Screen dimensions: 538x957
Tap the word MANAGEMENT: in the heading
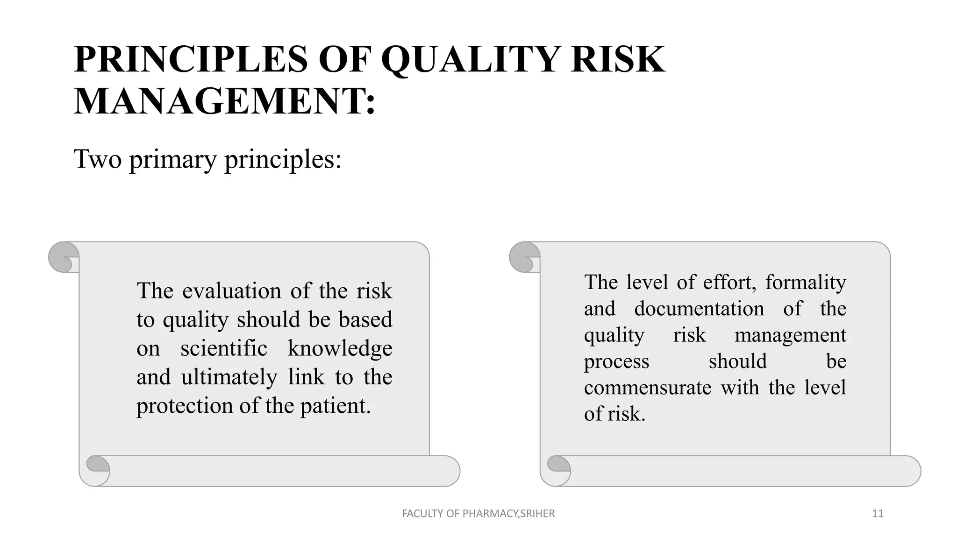(x=224, y=102)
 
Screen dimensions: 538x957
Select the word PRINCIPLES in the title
(x=191, y=60)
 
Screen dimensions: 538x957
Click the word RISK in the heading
(x=618, y=60)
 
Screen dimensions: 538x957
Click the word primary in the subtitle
(x=173, y=160)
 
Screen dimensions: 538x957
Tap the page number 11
(x=878, y=514)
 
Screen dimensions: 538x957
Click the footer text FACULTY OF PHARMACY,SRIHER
(x=478, y=514)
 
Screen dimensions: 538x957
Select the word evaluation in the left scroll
(x=231, y=291)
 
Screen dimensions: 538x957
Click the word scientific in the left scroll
(x=224, y=348)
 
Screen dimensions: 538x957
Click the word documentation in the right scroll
(x=699, y=309)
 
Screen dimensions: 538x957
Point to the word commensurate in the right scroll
(x=647, y=388)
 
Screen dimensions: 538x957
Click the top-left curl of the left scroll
(x=63, y=257)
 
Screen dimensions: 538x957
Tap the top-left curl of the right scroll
(x=524, y=257)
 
